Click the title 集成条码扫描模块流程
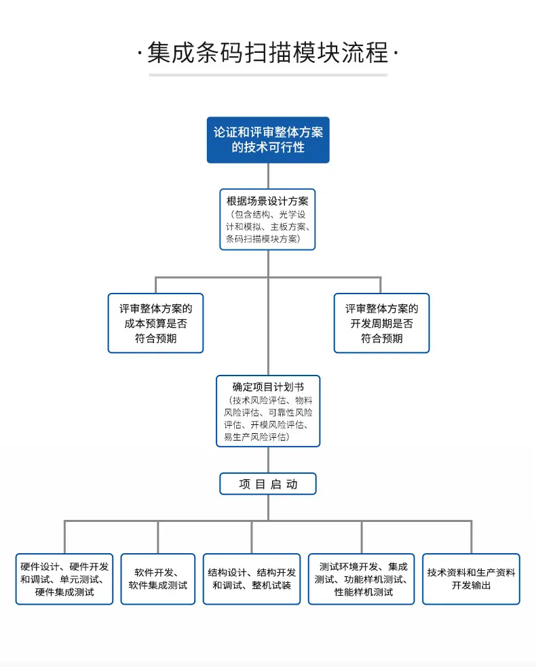pyautogui.click(x=268, y=53)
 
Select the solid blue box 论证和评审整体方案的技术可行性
pyautogui.click(x=268, y=140)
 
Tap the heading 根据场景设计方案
pyautogui.click(x=267, y=201)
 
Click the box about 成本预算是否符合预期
pyautogui.click(x=156, y=323)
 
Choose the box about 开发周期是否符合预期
pyautogui.click(x=382, y=323)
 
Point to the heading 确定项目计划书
pyautogui.click(x=268, y=386)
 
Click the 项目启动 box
pyautogui.click(x=268, y=484)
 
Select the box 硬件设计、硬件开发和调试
pyautogui.click(x=64, y=579)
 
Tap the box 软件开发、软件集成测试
pyautogui.click(x=158, y=579)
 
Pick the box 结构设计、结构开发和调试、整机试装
pyautogui.click(x=252, y=579)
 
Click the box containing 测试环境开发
pyautogui.click(x=362, y=579)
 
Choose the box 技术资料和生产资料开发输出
pyautogui.click(x=472, y=579)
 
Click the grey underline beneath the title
pyautogui.click(x=268, y=75)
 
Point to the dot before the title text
pyautogui.click(x=140, y=53)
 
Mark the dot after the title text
pyautogui.click(x=396, y=53)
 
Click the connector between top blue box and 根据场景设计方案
pyautogui.click(x=268, y=176)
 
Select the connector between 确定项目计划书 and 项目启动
pyautogui.click(x=268, y=460)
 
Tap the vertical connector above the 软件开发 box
pyautogui.click(x=158, y=537)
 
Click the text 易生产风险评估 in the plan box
pyautogui.click(x=255, y=437)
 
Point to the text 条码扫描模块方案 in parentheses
pyautogui.click(x=261, y=239)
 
